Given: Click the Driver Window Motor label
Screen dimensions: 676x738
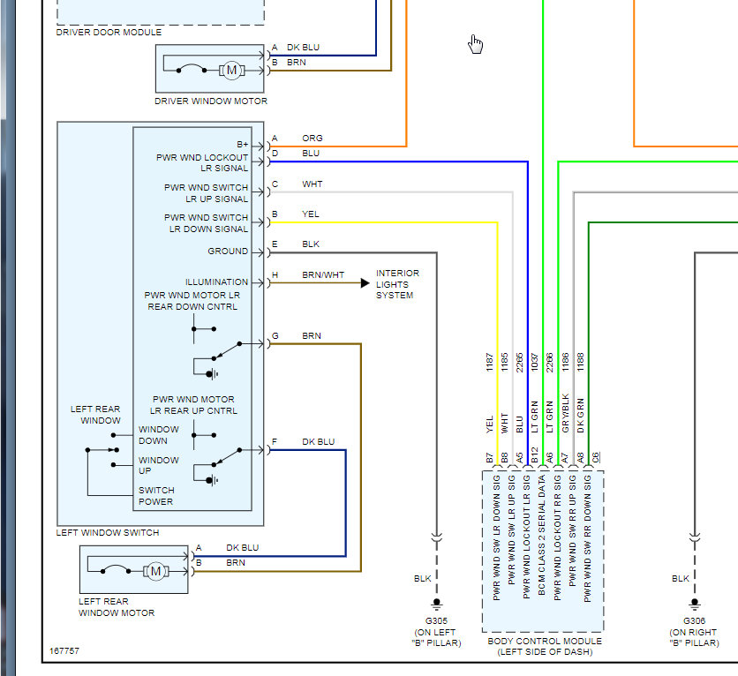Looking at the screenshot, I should tap(211, 101).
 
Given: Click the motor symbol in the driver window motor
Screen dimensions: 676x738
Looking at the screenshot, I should tap(231, 70).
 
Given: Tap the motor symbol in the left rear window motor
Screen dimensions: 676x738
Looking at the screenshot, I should tap(155, 571).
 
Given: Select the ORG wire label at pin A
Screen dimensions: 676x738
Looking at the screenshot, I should tap(312, 138).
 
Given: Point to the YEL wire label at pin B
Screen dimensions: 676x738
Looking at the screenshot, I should tap(311, 214).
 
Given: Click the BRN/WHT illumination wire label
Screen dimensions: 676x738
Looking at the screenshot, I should tap(323, 275).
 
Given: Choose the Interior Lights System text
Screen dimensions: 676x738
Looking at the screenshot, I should tap(397, 284).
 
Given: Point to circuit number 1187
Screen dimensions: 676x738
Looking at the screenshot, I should tap(490, 362).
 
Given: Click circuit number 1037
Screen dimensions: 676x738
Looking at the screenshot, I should tap(535, 362).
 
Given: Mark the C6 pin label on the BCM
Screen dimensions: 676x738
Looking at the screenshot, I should tap(596, 456).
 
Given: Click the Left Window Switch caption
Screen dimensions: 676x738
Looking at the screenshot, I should tap(108, 533).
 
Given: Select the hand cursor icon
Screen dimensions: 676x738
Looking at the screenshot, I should tap(476, 44).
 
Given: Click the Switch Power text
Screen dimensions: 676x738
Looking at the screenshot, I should tap(156, 496).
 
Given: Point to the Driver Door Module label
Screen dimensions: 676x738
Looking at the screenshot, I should tap(109, 33).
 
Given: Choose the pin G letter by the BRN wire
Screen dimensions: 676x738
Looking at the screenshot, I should tap(275, 336).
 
